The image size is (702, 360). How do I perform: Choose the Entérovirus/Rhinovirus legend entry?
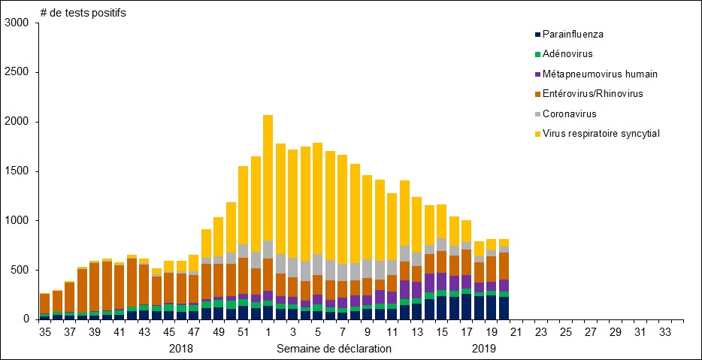tap(592, 93)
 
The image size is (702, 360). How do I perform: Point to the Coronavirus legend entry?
tap(569, 113)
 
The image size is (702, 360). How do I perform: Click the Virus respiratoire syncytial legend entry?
tap(601, 133)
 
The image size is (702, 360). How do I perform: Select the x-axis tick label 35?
tap(44, 331)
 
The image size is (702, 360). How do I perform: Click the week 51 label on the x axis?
tap(243, 331)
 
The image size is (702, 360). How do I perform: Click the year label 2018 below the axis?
tap(181, 349)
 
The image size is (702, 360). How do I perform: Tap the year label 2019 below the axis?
tap(485, 349)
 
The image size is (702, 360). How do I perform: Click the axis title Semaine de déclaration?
tap(334, 349)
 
